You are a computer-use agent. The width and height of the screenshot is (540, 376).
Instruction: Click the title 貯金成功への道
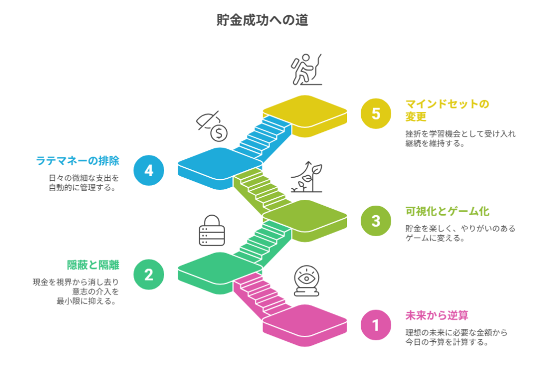click(262, 20)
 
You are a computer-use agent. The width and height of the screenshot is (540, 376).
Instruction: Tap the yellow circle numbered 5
click(375, 113)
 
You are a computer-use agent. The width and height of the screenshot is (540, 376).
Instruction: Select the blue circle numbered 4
click(149, 170)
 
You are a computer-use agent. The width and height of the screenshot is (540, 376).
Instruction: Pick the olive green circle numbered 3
click(375, 220)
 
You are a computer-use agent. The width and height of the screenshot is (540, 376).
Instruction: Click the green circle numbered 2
click(149, 274)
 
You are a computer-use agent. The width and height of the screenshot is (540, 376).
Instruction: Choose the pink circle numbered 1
click(375, 325)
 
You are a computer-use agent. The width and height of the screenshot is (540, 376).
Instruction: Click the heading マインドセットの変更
click(447, 110)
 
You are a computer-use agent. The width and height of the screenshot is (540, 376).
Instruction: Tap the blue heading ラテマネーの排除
click(77, 161)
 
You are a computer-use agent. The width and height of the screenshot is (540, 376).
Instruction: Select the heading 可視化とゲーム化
click(447, 211)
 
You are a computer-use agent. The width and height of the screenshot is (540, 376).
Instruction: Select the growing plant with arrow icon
click(307, 177)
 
